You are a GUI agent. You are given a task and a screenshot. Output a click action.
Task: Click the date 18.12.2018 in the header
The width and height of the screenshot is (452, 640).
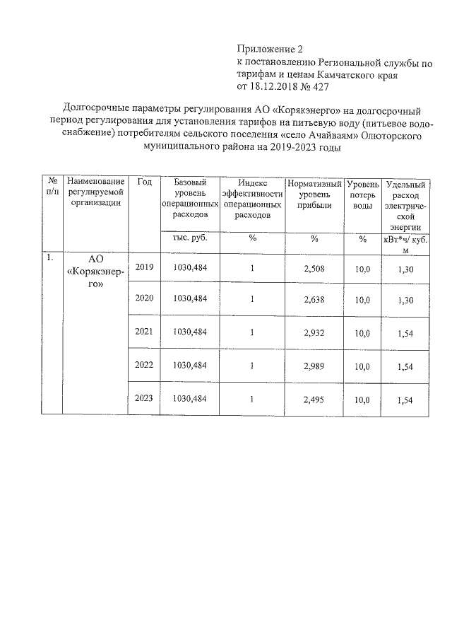click(278, 87)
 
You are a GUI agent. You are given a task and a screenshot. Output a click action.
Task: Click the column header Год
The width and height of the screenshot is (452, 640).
click(145, 182)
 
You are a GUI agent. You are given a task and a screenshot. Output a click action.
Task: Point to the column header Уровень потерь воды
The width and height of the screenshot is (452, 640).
click(362, 192)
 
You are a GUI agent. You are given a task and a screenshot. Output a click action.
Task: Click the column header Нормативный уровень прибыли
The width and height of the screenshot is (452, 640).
click(315, 192)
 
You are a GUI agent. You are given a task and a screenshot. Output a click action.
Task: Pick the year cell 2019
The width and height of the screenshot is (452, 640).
click(144, 267)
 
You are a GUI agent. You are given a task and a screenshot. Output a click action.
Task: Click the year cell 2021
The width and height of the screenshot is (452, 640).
click(144, 332)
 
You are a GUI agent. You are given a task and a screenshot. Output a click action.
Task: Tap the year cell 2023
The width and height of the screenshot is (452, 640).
click(144, 399)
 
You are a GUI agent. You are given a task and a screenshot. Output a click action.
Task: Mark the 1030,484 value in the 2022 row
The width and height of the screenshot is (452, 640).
click(189, 365)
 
